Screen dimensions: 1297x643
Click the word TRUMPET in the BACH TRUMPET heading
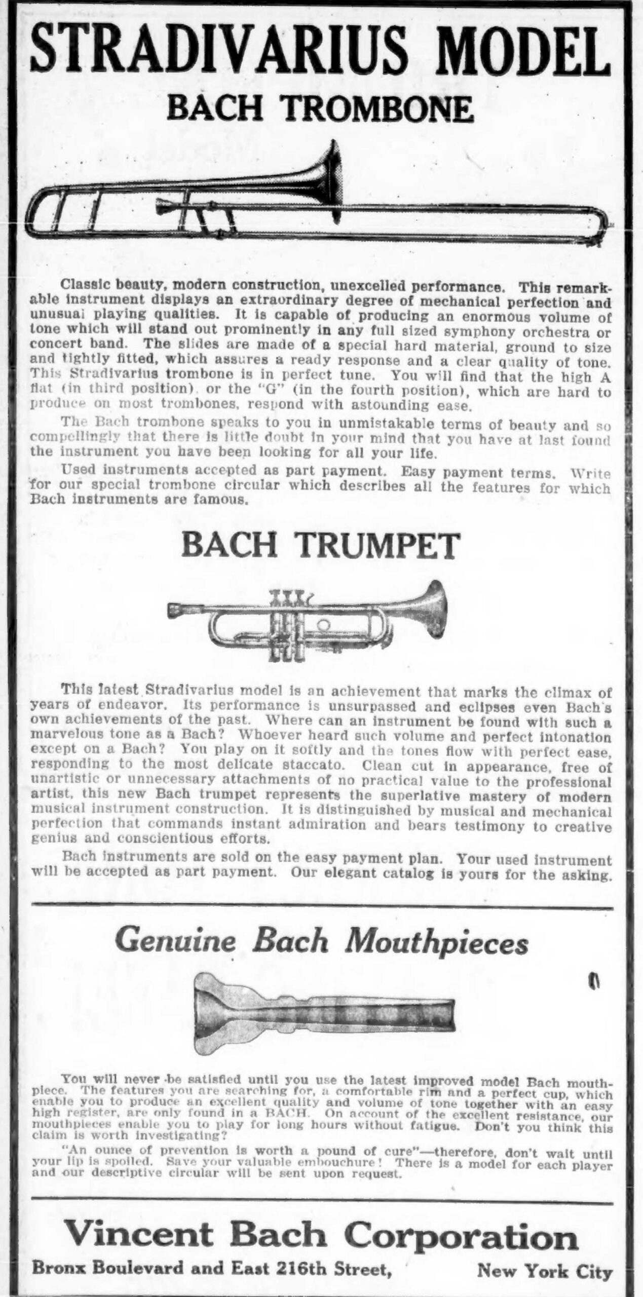pos(376,546)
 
